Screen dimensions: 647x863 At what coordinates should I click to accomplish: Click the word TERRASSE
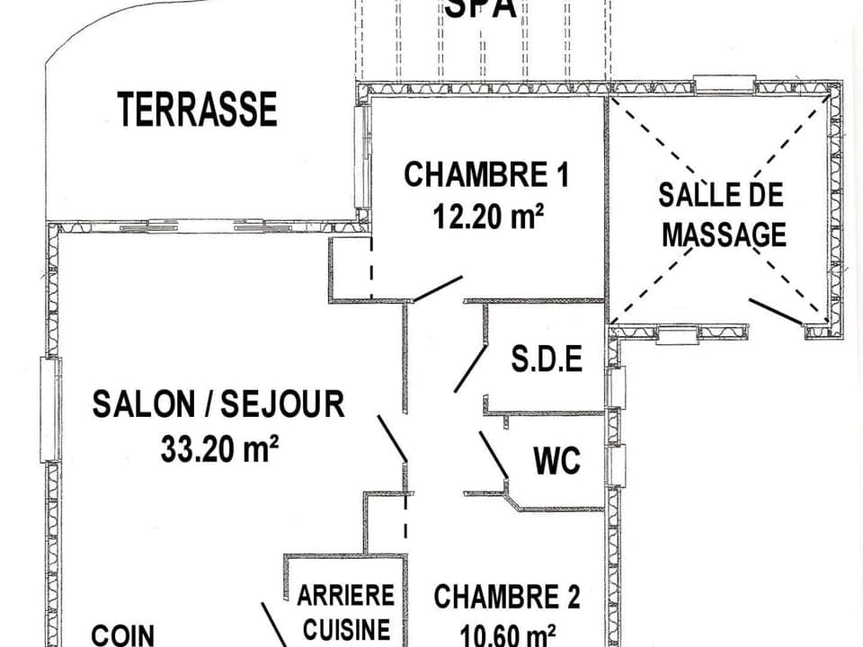tap(197, 109)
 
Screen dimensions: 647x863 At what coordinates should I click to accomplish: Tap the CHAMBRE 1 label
tap(485, 174)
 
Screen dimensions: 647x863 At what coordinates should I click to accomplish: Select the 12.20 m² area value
tap(489, 216)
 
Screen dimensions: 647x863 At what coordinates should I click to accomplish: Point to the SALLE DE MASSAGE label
tap(723, 215)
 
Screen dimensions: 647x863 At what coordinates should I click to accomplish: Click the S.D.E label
tap(547, 359)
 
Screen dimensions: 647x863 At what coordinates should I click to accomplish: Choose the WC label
tap(556, 462)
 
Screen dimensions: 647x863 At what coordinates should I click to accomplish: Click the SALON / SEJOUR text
tap(218, 404)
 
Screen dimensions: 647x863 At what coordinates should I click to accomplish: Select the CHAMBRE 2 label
tap(506, 597)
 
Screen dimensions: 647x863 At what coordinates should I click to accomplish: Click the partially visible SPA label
tap(481, 9)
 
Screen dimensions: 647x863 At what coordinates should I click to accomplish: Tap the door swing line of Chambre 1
tap(438, 288)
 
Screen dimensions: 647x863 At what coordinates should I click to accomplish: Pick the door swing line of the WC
tap(494, 455)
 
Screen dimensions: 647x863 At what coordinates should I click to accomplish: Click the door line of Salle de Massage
tap(776, 311)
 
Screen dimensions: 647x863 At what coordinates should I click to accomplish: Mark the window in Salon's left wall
tap(50, 410)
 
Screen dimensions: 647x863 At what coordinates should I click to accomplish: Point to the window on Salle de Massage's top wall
tap(724, 85)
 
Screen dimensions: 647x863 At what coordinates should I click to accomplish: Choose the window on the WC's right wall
tap(615, 466)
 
